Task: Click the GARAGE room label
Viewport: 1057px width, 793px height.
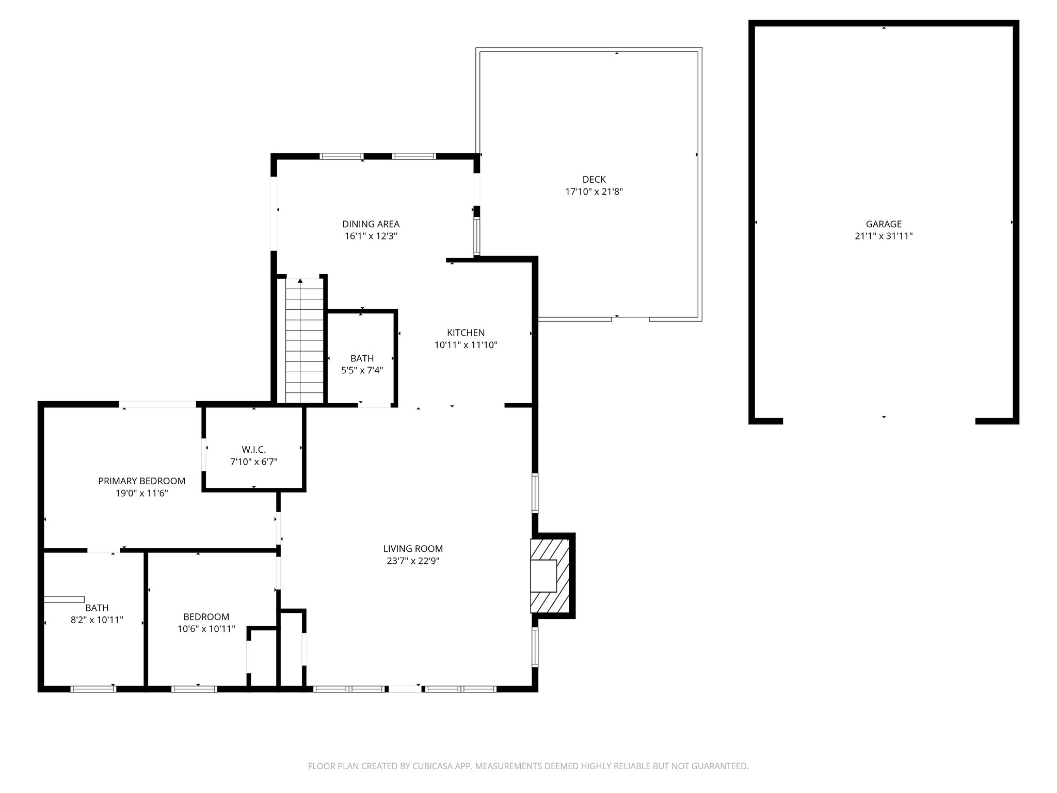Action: coord(884,224)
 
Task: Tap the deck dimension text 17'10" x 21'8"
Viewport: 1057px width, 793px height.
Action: coord(594,192)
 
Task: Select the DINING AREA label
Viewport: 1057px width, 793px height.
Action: coord(371,224)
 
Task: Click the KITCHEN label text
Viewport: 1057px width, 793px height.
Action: coord(466,333)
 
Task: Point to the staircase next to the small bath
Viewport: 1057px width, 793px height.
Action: coord(304,341)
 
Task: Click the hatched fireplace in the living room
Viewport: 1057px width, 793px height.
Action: coord(550,576)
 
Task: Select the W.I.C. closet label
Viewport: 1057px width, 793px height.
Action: coord(253,450)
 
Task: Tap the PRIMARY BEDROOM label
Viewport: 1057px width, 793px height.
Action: coord(141,481)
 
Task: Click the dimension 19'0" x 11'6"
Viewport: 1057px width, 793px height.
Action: coord(141,494)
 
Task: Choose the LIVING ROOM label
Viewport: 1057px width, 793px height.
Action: coord(413,549)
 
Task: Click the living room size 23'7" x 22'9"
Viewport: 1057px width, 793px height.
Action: coord(413,561)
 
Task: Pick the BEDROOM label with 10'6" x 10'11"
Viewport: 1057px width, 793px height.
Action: coord(206,617)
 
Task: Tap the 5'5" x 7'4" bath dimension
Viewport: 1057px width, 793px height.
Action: coord(362,370)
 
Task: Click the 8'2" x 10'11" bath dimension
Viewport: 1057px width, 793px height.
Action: coord(97,620)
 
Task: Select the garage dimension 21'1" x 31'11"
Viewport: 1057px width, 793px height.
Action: coord(884,236)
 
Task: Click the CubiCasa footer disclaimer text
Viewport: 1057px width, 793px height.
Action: coord(528,767)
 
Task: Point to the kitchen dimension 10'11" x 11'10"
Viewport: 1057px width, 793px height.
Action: coord(466,345)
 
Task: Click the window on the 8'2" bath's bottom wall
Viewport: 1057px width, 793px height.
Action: coord(93,689)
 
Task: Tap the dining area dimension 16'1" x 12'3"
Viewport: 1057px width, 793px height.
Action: coord(371,236)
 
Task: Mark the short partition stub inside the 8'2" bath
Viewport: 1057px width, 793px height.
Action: coord(64,599)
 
